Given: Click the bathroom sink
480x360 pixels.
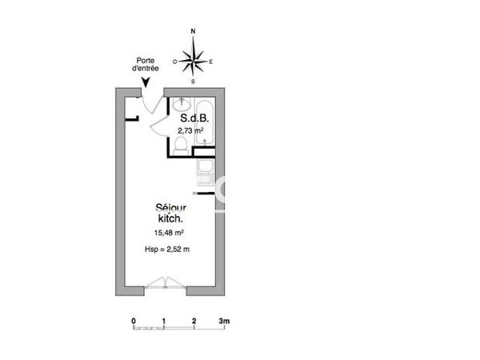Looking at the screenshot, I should tap(180, 102).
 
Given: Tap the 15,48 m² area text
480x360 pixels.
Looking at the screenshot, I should tap(169, 233).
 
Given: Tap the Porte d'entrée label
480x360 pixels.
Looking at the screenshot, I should tap(146, 63).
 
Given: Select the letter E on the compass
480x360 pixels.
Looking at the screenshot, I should tap(210, 60).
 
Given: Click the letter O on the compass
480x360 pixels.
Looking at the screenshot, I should tap(174, 60).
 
